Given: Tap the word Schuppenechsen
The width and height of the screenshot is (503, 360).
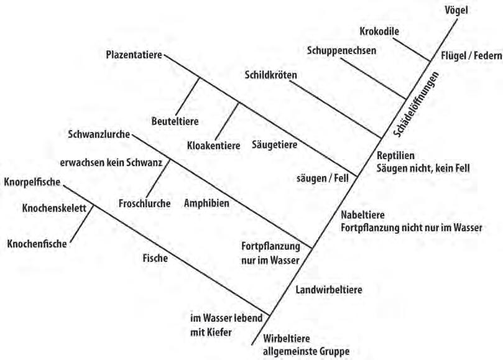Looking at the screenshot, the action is pos(341,51).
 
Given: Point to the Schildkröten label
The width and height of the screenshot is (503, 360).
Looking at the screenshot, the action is pos(271,75).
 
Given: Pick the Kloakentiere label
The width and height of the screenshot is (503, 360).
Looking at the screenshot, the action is pos(214,146).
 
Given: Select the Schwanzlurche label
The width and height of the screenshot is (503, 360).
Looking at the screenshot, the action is pos(99,134).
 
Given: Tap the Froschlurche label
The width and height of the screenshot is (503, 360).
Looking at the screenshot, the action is pos(144,203).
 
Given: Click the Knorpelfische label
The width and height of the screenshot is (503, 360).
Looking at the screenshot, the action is pos(32,182).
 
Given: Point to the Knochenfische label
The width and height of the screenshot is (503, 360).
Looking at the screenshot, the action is pos(37,244).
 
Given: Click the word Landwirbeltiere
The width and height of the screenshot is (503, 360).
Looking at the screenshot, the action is pos(329,289).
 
